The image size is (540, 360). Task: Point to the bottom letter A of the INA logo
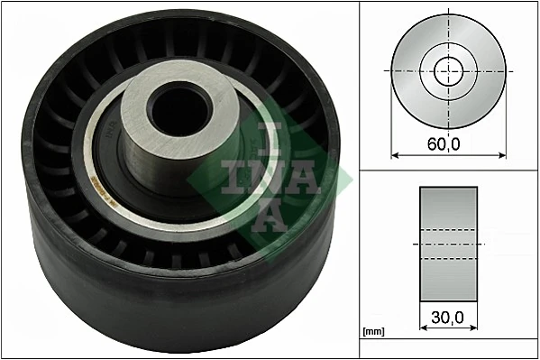click(x=271, y=215)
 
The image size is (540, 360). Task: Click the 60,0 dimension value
click(x=448, y=142)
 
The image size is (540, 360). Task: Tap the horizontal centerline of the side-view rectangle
click(x=448, y=245)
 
